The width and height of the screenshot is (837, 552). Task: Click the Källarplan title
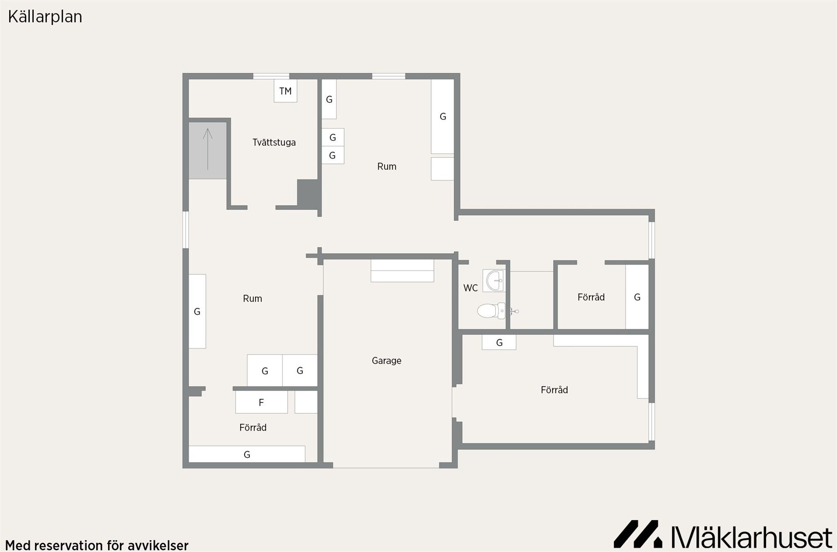45,17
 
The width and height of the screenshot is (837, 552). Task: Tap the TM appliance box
286,91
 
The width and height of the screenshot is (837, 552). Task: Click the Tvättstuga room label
274,143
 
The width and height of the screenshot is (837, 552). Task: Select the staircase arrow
208,149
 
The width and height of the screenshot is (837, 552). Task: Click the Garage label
387,361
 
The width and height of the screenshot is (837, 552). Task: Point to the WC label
470,288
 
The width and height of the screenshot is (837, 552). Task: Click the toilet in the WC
492,311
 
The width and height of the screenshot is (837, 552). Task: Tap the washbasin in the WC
493,280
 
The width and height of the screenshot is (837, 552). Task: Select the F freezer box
262,402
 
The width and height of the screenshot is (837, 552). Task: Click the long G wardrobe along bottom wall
247,454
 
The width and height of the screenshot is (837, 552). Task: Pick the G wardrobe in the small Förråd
637,297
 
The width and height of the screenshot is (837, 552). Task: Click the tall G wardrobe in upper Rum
442,116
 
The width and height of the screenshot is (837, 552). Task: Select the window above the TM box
271,76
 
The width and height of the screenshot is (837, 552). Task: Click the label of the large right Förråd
555,390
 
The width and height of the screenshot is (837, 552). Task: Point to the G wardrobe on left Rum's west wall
197,311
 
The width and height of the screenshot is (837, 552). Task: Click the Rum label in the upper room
387,166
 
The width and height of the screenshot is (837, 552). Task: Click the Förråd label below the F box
253,427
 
